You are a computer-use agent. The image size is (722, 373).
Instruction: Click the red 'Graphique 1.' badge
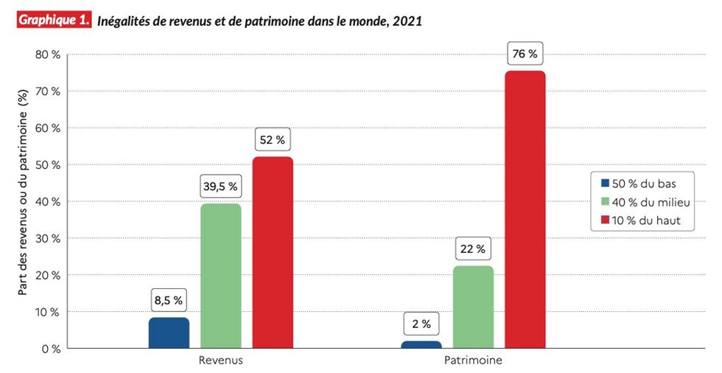[x=53, y=21]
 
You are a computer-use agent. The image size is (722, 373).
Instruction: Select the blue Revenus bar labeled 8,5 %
[x=169, y=332]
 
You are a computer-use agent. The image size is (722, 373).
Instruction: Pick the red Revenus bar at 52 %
[x=273, y=252]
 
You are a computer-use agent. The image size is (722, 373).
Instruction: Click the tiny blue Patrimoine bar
[x=421, y=344]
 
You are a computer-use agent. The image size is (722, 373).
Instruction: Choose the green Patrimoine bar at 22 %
[x=473, y=307]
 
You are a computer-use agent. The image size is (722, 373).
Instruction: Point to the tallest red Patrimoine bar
[x=525, y=209]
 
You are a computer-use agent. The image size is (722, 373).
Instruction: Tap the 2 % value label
[x=421, y=324]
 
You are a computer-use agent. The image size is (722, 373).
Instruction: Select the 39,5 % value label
[x=221, y=187]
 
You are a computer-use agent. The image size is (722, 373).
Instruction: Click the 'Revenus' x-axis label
[x=220, y=361]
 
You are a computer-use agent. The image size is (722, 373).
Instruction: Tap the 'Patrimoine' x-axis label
[x=473, y=361]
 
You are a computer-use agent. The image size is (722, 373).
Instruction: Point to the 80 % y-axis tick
[x=46, y=55]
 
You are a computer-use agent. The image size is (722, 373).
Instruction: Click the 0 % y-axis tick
[x=49, y=349]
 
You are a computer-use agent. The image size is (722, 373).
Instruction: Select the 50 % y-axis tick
[x=46, y=164]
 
